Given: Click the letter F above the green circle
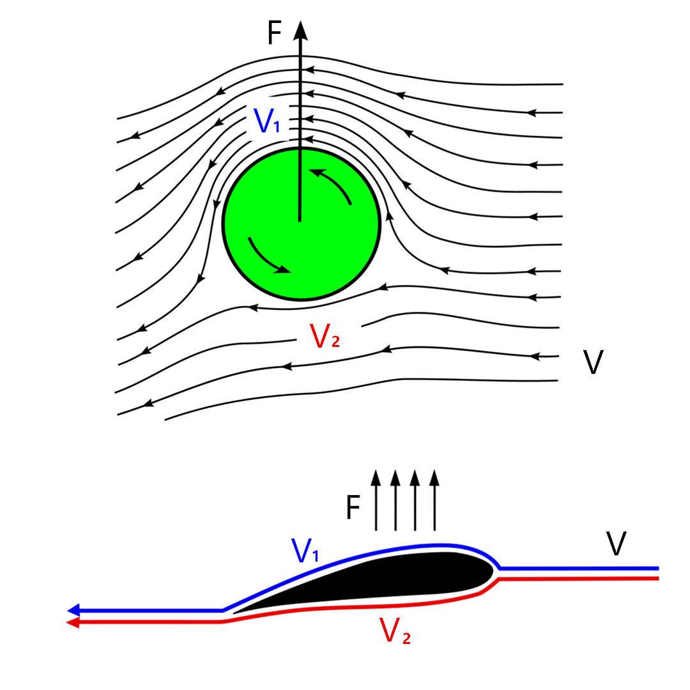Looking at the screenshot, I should [274, 33].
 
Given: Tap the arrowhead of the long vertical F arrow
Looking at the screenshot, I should [300, 29].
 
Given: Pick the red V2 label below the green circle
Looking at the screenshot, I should [324, 336].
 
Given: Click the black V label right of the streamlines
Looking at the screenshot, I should [593, 362].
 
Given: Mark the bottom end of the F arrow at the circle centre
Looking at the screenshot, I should [300, 220].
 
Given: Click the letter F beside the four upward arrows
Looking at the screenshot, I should [353, 509].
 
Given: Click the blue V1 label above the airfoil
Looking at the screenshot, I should [305, 551].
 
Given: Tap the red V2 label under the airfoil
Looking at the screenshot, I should [394, 631].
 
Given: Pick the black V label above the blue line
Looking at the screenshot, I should [616, 544].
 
